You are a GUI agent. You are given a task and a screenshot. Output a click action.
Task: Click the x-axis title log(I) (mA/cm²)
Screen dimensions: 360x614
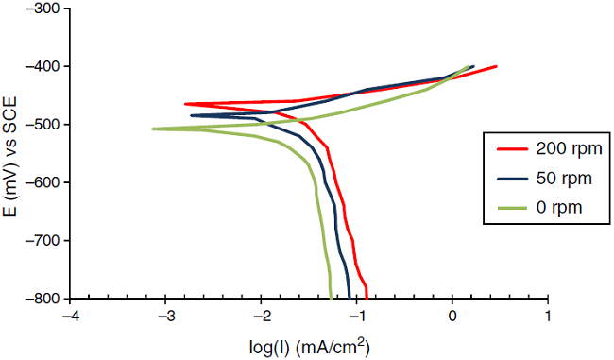pyautogui.click(x=308, y=346)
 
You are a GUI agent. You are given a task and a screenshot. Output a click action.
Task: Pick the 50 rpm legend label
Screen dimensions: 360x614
pyautogui.click(x=565, y=177)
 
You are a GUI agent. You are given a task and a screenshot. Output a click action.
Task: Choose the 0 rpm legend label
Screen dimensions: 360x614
pyautogui.click(x=561, y=205)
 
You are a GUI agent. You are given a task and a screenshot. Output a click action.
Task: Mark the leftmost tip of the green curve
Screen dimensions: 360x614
pyautogui.click(x=153, y=129)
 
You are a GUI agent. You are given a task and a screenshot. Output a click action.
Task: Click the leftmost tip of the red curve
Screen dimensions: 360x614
pyautogui.click(x=185, y=104)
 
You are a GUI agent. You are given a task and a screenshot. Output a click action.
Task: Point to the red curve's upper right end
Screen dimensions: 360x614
pyautogui.click(x=497, y=66)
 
